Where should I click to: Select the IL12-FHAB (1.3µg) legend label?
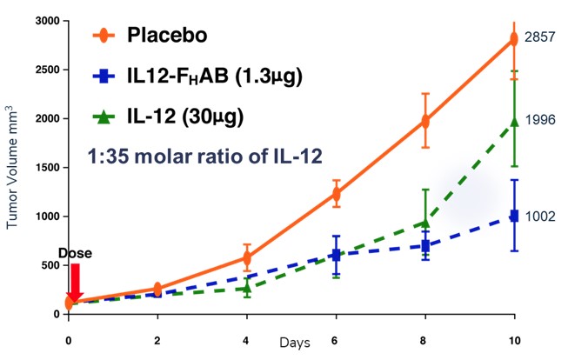pos(213,77)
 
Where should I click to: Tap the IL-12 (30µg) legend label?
pos(182,116)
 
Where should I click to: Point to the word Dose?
pos(74,253)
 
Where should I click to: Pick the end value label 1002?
pos(541,217)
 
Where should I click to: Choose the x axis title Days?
pos(292,343)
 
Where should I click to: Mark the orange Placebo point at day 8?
pos(425,121)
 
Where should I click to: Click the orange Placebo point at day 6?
pos(336,194)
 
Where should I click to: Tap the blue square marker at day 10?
pos(514,216)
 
